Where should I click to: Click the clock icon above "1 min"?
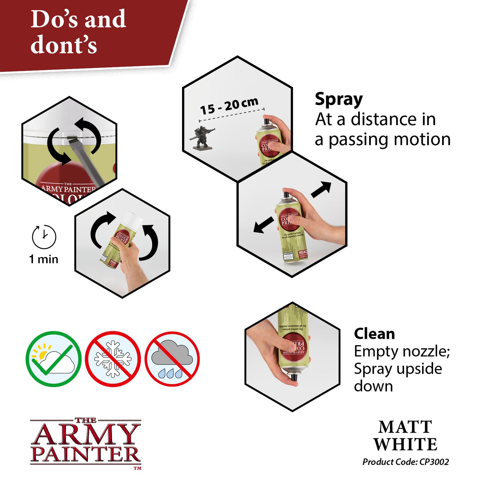(44, 237)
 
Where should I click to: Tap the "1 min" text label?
(44, 259)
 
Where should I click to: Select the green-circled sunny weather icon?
(54, 359)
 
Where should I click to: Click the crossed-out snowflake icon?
(113, 359)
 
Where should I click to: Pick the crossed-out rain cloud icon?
(172, 359)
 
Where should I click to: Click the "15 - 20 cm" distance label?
(229, 106)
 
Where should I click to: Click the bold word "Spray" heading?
(339, 100)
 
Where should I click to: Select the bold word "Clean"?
(374, 334)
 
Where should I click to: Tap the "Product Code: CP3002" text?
(405, 462)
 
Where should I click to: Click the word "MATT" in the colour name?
(405, 427)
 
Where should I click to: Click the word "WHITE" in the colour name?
(405, 444)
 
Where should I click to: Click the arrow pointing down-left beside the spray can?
(263, 226)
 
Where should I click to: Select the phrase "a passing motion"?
(382, 139)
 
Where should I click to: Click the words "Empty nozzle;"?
(402, 352)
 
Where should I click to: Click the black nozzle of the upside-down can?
(294, 377)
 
